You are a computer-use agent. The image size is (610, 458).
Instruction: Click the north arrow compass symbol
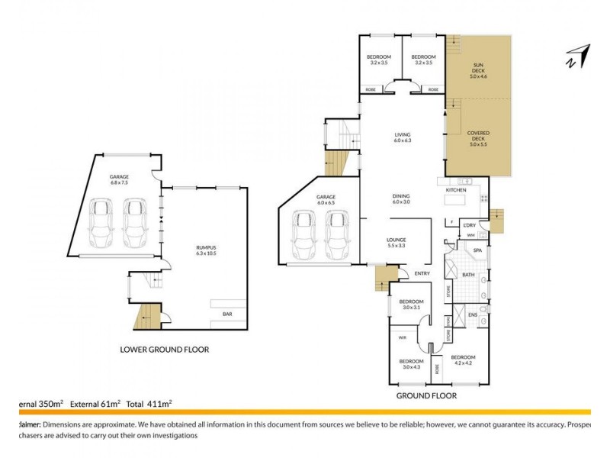577,56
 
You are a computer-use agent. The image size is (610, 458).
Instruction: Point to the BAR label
226,313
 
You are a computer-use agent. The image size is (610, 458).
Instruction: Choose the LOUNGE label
395,240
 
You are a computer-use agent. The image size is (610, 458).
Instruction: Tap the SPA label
477,250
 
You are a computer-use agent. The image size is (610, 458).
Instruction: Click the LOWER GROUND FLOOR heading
165,350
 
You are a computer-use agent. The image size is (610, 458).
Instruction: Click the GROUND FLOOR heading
426,396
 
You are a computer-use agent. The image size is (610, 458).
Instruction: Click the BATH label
468,274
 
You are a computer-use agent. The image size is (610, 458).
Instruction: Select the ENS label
473,314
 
